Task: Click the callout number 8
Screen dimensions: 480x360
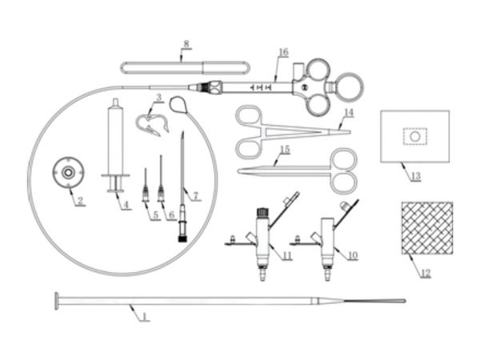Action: tap(186, 44)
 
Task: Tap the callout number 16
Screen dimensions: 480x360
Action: tap(283, 52)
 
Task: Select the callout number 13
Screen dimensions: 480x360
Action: tap(416, 176)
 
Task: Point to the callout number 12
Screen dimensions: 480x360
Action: tap(426, 273)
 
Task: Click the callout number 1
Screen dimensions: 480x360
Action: tap(146, 316)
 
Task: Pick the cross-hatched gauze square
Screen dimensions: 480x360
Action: tap(427, 228)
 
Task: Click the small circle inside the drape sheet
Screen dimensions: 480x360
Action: tap(414, 137)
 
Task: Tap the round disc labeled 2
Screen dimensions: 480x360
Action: tap(68, 173)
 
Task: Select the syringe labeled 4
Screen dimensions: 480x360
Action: tap(115, 146)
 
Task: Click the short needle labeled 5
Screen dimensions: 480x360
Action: tap(146, 186)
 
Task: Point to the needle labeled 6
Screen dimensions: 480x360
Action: tap(161, 178)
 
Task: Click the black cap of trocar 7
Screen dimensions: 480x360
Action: tap(182, 238)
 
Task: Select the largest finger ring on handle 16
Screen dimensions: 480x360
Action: tap(348, 87)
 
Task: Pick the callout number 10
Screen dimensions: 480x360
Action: tap(352, 254)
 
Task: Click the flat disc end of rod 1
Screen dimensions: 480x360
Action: tap(57, 302)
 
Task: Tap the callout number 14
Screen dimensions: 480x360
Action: tap(349, 113)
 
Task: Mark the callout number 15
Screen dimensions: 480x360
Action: tap(285, 150)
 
